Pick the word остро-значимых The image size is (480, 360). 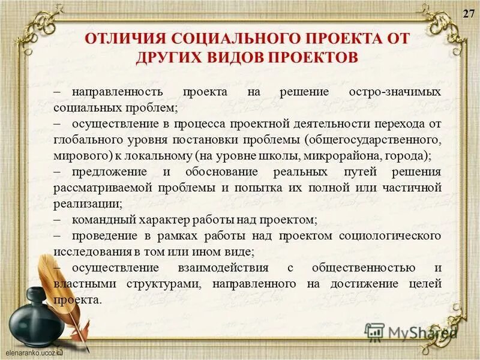click(395, 93)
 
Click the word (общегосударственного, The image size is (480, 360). click(373, 140)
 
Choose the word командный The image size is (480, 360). click(99, 219)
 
